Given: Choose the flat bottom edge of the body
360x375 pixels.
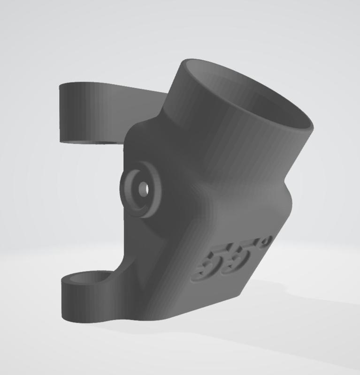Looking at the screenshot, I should pos(188,314).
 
